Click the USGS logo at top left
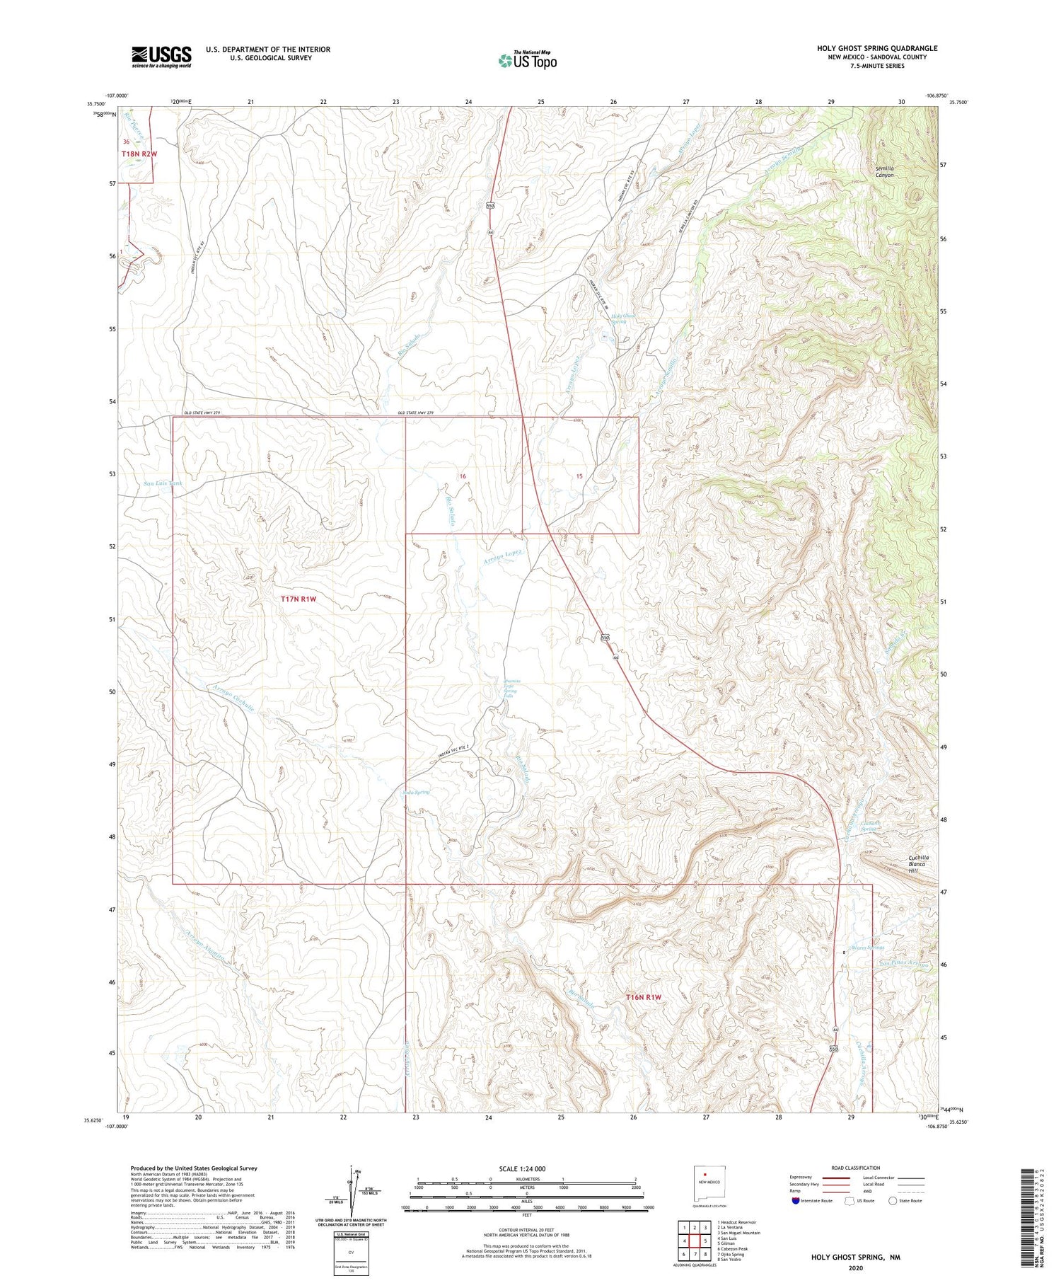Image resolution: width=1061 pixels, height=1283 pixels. [161, 57]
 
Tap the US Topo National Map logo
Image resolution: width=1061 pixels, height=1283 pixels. [527, 60]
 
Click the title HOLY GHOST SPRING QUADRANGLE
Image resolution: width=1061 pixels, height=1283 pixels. [877, 48]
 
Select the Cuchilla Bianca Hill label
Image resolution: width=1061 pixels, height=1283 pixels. [919, 865]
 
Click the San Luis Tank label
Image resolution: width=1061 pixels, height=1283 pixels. [163, 483]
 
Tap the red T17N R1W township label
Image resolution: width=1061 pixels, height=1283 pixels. [298, 599]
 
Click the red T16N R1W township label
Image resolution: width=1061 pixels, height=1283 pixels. [643, 997]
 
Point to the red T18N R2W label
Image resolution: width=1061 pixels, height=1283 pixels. [139, 153]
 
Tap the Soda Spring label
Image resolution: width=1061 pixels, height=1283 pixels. [417, 792]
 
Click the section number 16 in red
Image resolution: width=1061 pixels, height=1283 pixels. [463, 476]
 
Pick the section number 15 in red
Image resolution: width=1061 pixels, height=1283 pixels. [579, 476]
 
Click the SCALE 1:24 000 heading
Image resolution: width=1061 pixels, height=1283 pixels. [521, 1168]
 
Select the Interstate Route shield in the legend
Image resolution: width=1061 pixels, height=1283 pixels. [796, 1201]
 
